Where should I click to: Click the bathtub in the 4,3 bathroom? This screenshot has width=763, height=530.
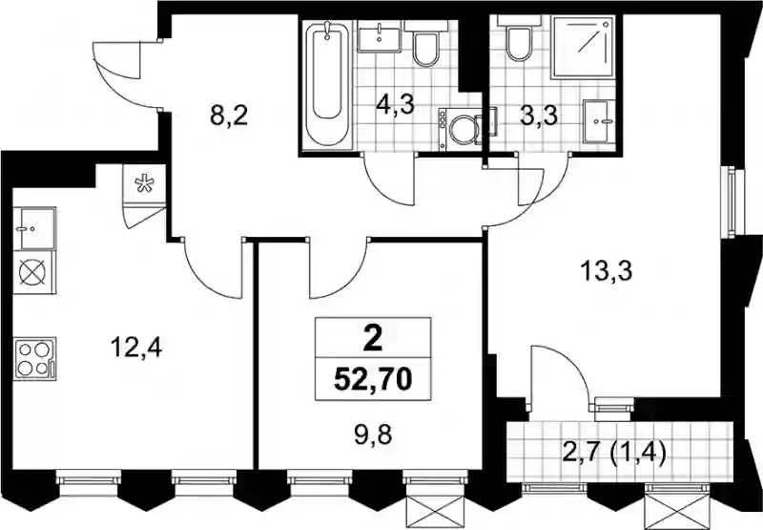[327, 84]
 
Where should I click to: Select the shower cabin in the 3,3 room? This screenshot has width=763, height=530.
[582, 47]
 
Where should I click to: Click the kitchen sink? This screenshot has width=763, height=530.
[34, 228]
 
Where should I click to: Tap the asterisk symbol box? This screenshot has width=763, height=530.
[144, 184]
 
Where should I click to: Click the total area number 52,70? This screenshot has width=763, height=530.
[373, 379]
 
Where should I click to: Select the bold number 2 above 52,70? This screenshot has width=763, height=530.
[373, 340]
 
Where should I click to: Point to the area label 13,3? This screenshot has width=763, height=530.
[607, 271]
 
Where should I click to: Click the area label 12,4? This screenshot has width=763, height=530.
[136, 348]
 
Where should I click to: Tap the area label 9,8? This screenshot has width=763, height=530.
[374, 435]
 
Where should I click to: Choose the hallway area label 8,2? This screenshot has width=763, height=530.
[229, 116]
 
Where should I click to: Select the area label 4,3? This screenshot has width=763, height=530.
[396, 104]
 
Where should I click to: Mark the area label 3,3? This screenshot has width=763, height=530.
[539, 117]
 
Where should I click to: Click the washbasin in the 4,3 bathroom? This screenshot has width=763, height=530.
[379, 36]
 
